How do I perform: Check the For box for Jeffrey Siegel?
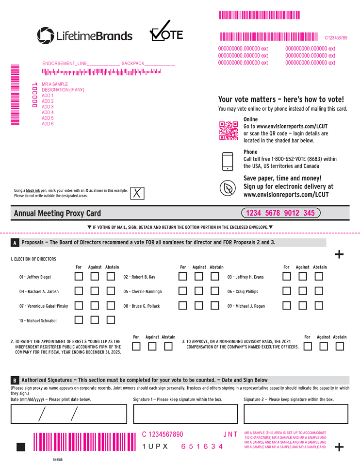click(79, 276)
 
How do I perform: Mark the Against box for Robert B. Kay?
click(199, 276)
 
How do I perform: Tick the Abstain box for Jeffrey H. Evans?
click(319, 276)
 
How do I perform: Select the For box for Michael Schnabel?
click(79, 320)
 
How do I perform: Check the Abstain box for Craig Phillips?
click(319, 291)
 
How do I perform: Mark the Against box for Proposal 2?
click(152, 346)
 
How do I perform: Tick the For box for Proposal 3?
click(308, 346)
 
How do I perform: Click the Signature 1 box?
click(185, 414)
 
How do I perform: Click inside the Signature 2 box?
click(296, 414)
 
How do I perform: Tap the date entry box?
click(68, 414)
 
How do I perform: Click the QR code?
click(229, 131)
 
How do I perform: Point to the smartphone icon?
click(228, 161)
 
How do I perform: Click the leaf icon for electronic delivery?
click(228, 188)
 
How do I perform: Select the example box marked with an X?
click(137, 193)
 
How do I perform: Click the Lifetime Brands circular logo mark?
click(46, 35)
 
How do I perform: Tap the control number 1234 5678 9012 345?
click(280, 213)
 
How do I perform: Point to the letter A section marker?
click(15, 243)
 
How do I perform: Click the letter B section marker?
click(15, 381)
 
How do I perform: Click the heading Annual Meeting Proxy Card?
click(57, 214)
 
